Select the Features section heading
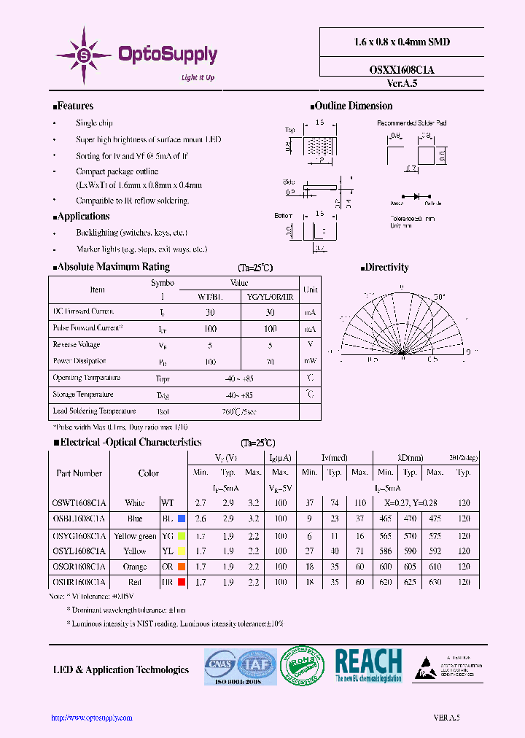click(75, 106)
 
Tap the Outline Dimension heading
click(354, 106)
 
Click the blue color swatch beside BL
click(182, 518)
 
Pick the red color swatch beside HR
click(182, 583)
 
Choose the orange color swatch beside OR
click(182, 567)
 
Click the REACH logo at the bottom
click(367, 665)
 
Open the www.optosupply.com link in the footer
click(92, 718)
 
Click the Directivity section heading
click(386, 268)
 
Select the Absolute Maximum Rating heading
click(113, 267)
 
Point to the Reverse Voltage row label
click(77, 344)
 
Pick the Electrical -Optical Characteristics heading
click(131, 442)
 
